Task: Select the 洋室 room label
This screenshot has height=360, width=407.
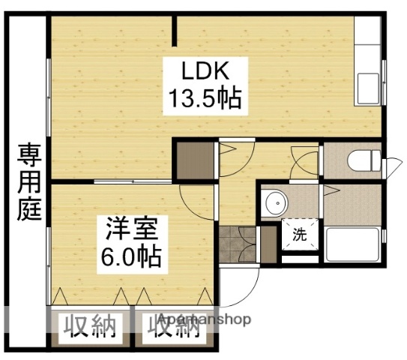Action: click(130, 227)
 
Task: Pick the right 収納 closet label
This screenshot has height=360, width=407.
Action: click(173, 328)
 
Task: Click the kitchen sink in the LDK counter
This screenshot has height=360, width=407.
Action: click(369, 85)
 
